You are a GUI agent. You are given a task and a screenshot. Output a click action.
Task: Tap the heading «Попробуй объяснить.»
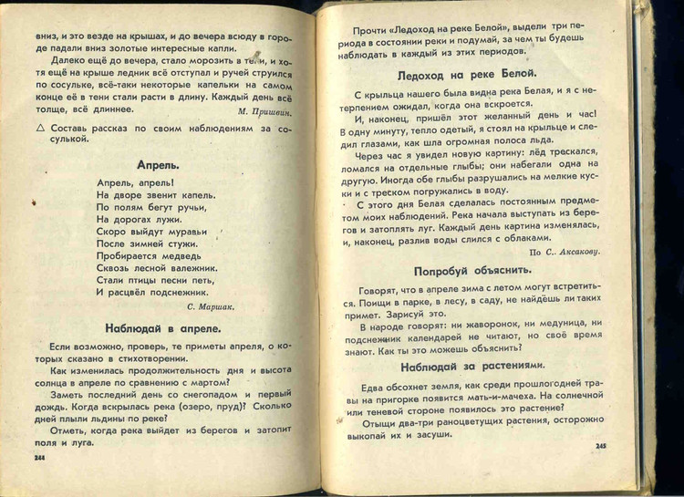[x=472, y=271]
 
